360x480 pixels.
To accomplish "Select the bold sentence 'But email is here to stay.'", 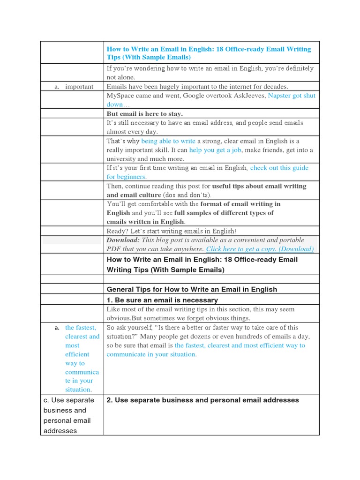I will click(144, 114).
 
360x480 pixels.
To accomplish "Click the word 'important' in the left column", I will click(79, 87).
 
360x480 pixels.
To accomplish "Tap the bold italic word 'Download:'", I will click(123, 240).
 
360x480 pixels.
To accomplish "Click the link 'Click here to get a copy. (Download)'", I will click(260, 249).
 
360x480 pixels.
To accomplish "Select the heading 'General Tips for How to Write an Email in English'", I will click(192, 289).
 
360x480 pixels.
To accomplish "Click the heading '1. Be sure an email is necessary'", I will click(162, 300).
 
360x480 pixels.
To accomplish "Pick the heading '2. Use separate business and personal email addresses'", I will click(202, 400).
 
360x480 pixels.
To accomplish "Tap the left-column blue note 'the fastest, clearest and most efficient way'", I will click(82, 359).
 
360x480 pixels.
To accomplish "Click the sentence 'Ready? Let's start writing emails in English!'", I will click(172, 231).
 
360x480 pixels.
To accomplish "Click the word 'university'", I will click(122, 159).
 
